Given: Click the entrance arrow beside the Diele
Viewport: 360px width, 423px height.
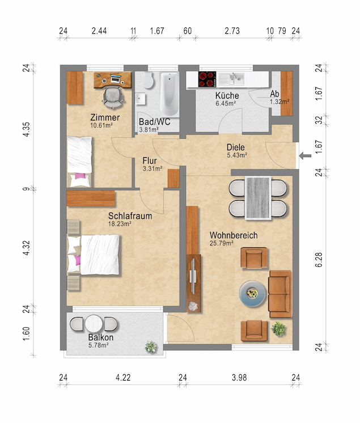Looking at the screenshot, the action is (x=305, y=156).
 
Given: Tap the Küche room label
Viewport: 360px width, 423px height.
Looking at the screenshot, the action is (x=227, y=95).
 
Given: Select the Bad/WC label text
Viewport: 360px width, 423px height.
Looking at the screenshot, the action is (x=155, y=122).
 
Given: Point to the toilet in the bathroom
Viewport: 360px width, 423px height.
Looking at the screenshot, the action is (x=148, y=80).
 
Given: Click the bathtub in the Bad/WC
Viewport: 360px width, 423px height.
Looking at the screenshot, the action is (x=170, y=94).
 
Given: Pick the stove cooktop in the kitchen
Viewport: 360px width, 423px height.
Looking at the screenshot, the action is (x=207, y=79).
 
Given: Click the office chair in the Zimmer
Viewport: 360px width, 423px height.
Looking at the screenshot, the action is (x=113, y=98).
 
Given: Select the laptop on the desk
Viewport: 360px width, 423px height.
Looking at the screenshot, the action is (x=116, y=79).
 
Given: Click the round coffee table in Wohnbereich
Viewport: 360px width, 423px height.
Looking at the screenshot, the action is (x=253, y=294).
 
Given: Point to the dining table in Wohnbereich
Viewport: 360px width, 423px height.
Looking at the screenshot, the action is (x=258, y=198).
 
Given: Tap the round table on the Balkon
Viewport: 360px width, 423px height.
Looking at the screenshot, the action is (x=94, y=323).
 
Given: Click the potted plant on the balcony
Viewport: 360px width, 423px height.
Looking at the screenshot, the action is (x=151, y=347).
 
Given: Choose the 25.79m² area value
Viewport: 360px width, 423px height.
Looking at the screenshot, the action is (x=222, y=243).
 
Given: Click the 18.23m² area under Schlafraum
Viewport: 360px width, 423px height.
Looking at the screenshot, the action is (x=120, y=223).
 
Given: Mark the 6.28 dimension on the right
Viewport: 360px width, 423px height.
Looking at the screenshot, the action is (x=319, y=260).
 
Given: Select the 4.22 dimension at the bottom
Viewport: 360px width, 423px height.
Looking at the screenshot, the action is (x=123, y=378).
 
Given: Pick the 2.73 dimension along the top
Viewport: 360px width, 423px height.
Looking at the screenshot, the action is (x=232, y=31).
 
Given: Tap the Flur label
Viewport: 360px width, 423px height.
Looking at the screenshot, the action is (x=150, y=161).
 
